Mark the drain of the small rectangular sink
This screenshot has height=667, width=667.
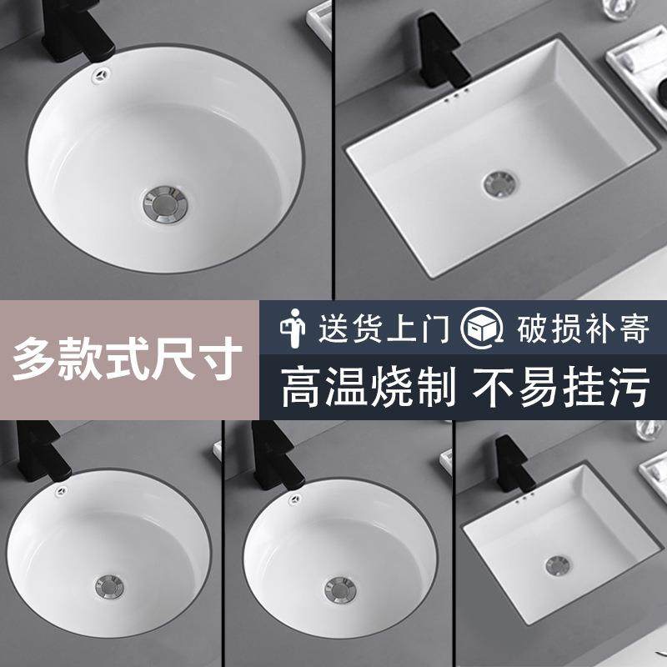point(557,564)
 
